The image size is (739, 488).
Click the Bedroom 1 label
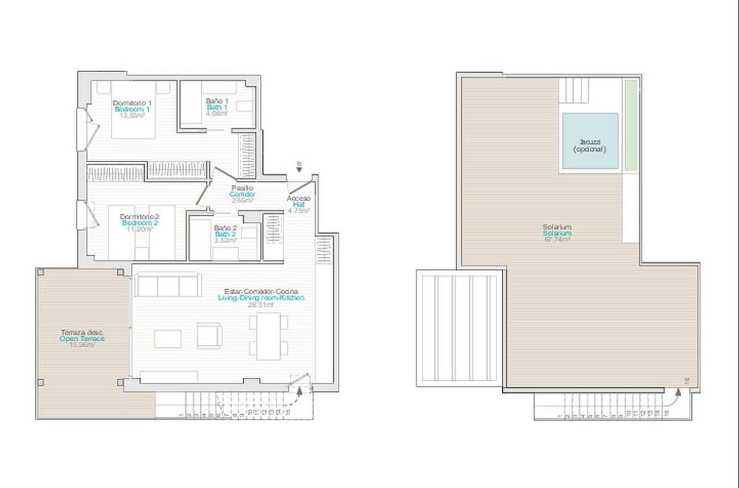(x=132, y=110)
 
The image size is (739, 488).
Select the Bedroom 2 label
(x=139, y=223)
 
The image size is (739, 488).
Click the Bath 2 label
(x=225, y=234)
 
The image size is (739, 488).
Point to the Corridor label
(x=243, y=195)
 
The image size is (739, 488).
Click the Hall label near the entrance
(x=298, y=204)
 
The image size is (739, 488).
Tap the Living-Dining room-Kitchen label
(x=260, y=298)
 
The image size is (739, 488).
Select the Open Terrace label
(x=82, y=339)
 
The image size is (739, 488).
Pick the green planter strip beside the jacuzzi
(x=630, y=125)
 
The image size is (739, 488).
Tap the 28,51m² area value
(x=261, y=304)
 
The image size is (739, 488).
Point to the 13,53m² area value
(x=132, y=116)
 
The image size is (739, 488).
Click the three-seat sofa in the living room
(x=167, y=285)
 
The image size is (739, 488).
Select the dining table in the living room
(x=268, y=337)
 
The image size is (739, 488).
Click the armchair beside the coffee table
(x=209, y=336)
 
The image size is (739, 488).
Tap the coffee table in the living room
(x=167, y=339)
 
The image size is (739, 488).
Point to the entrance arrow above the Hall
(x=299, y=169)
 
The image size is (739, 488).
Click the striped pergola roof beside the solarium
(x=459, y=328)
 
